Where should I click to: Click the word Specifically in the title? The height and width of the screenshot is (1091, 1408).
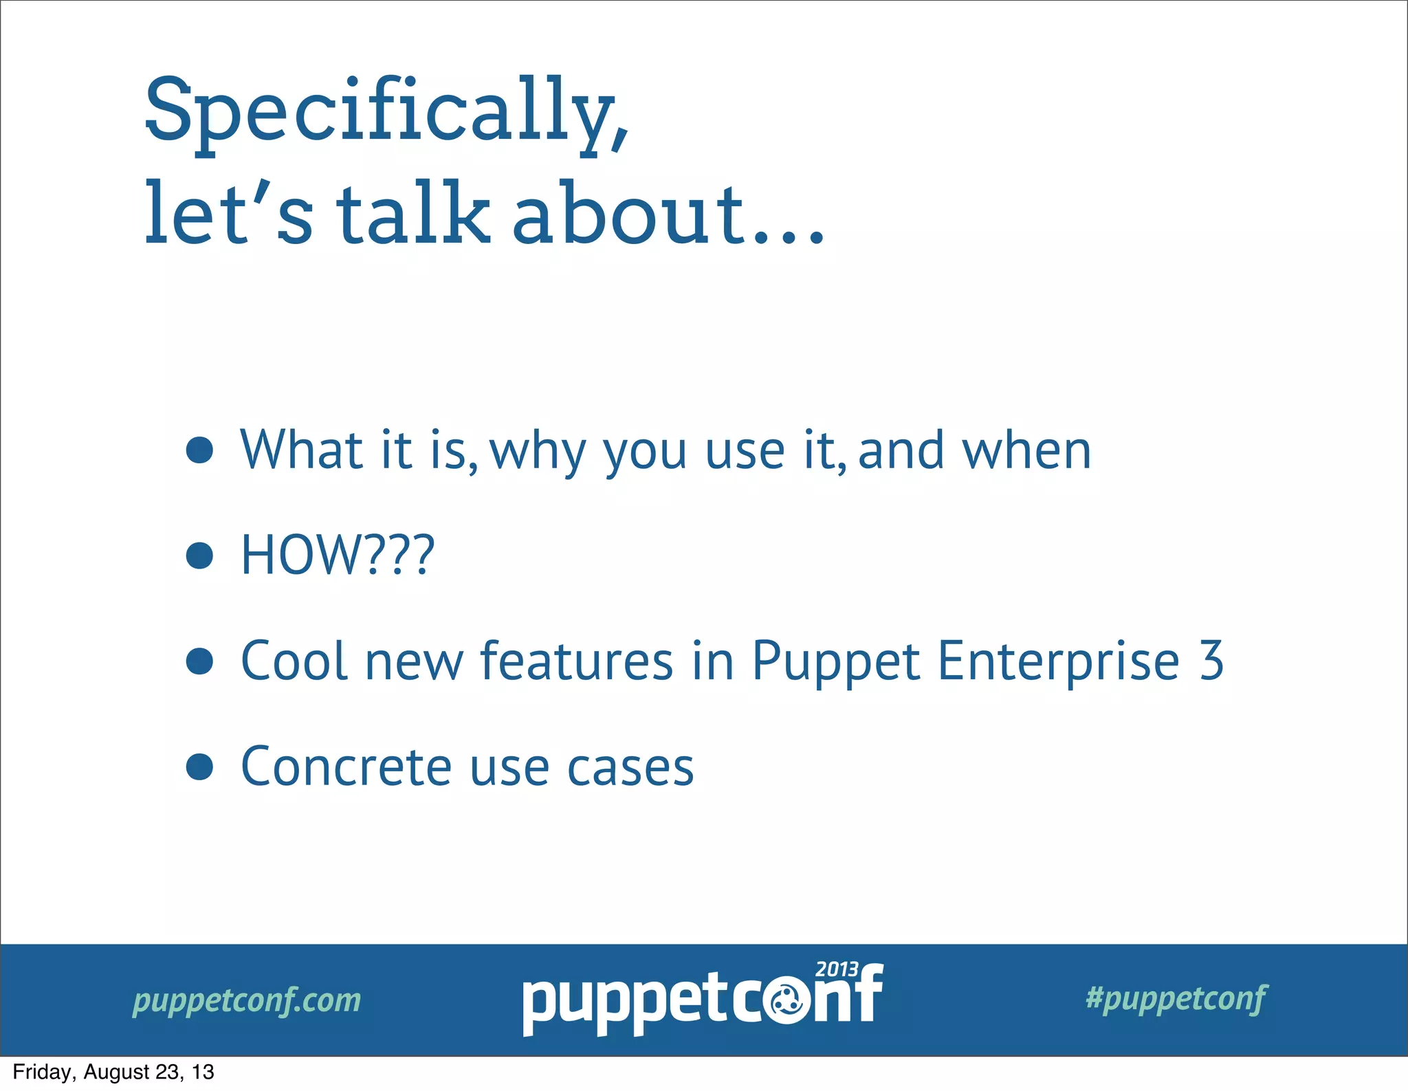(x=385, y=113)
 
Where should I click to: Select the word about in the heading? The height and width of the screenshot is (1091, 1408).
(x=629, y=214)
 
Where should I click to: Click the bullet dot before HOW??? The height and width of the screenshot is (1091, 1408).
(x=199, y=555)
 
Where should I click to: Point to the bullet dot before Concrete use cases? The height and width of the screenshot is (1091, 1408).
(x=199, y=767)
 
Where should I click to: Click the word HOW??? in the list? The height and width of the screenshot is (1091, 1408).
(x=338, y=555)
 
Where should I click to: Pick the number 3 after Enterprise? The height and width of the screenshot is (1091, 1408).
(x=1211, y=661)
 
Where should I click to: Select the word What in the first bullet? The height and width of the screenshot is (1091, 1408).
(x=301, y=450)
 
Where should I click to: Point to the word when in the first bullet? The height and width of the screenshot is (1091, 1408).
(x=1026, y=451)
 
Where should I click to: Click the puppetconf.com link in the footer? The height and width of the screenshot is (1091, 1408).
(x=246, y=1001)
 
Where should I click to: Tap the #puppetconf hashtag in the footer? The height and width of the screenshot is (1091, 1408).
(x=1176, y=999)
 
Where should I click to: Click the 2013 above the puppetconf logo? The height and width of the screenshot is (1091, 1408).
(x=837, y=970)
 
